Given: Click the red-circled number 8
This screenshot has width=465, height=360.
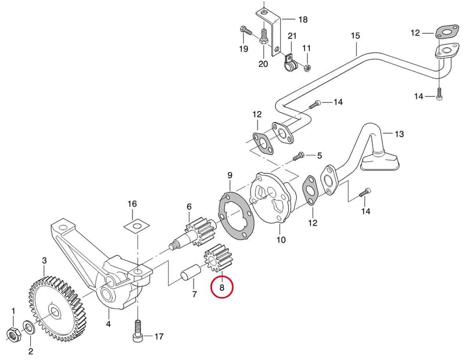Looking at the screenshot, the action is click(222, 287).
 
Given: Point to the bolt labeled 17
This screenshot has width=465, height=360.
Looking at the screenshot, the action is click(137, 332).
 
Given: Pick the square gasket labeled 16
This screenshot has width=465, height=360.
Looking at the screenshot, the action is click(136, 226).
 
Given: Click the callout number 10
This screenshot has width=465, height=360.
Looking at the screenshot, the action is click(281, 240).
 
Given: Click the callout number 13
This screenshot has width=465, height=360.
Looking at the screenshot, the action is click(399, 134).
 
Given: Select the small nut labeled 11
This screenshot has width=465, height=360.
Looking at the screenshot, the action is click(308, 68).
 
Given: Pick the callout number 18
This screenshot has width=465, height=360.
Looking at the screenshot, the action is click(303, 20).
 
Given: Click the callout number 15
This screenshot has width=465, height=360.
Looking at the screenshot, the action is click(355, 36).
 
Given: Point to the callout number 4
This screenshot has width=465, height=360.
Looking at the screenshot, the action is click(108, 324).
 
